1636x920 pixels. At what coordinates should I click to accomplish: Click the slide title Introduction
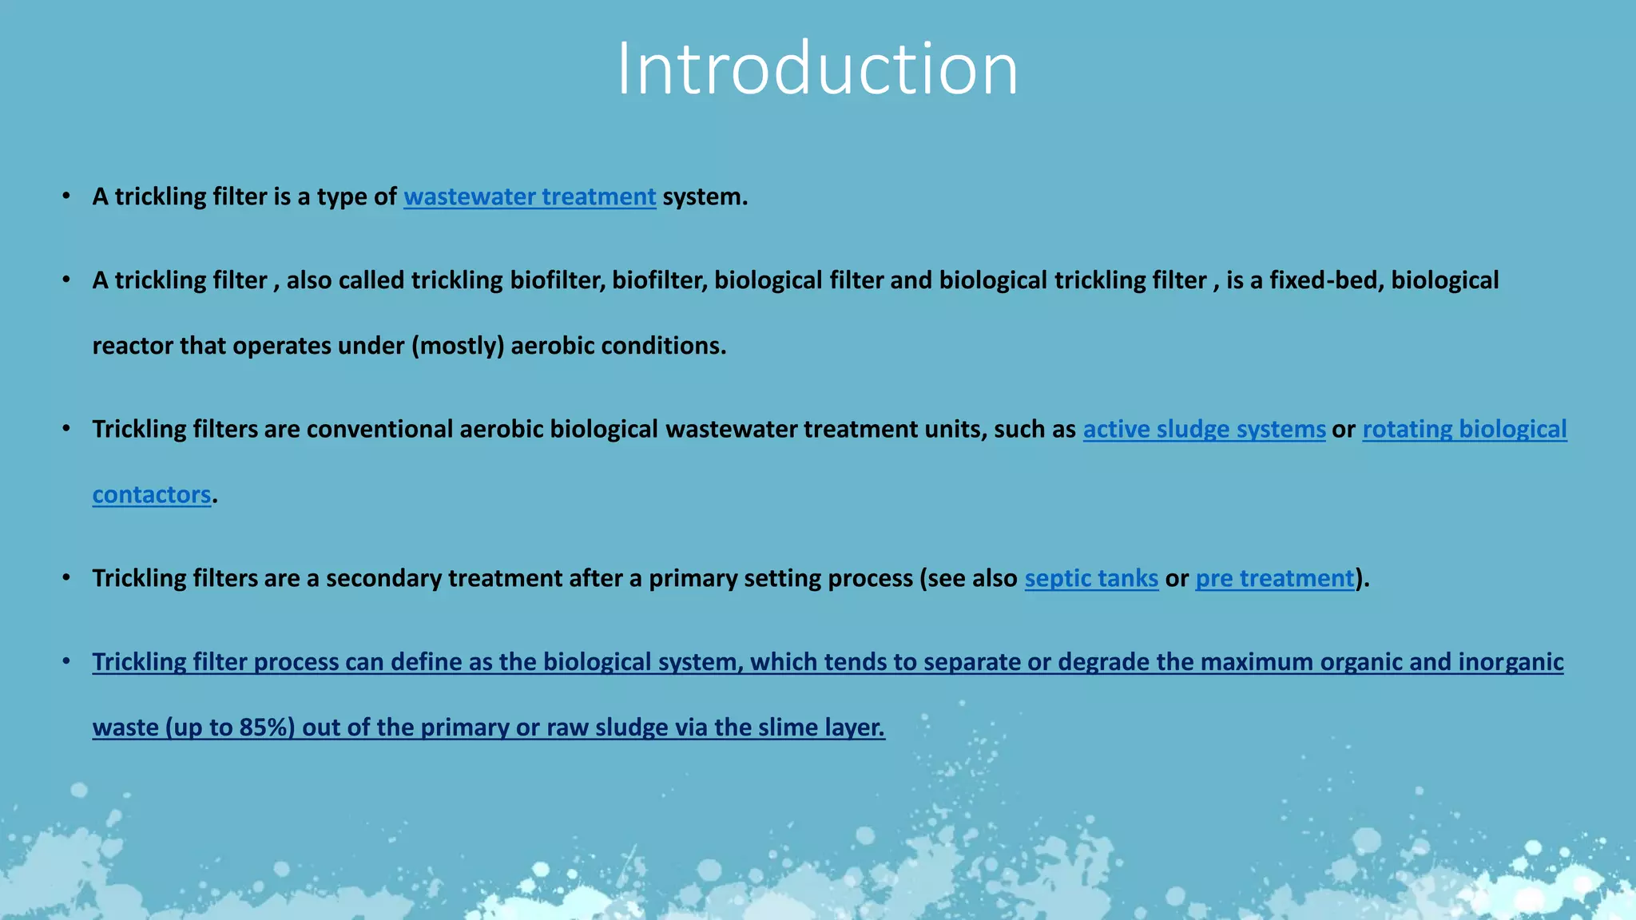coord(817,69)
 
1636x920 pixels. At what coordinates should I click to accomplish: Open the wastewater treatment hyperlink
coord(530,196)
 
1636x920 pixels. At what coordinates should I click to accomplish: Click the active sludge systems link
coord(1204,429)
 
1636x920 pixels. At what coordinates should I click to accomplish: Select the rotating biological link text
coord(1464,429)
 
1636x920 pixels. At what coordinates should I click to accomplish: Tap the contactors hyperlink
coord(152,494)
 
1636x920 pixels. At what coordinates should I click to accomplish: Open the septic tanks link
coord(1091,578)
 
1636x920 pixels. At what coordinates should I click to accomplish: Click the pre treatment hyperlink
coord(1275,578)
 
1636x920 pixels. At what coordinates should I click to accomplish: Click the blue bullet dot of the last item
coord(67,661)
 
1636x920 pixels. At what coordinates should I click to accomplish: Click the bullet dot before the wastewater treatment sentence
coord(67,196)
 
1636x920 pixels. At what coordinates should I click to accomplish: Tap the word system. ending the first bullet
coord(705,196)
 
